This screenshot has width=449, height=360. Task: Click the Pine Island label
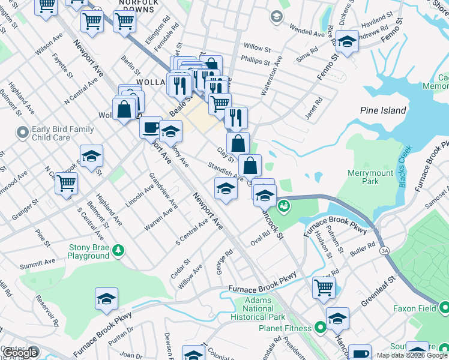pyautogui.click(x=383, y=110)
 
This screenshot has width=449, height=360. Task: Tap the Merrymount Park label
pyautogui.click(x=370, y=177)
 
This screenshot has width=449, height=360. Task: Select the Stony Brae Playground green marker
pyautogui.click(x=119, y=249)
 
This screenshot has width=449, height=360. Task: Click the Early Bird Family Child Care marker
pyautogui.click(x=22, y=132)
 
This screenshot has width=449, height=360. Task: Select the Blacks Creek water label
pyautogui.click(x=421, y=168)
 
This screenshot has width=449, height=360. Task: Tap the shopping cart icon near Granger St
pyautogui.click(x=67, y=183)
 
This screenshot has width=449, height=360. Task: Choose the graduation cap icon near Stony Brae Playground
pyautogui.click(x=106, y=298)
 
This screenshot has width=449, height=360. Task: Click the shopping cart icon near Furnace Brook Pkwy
pyautogui.click(x=324, y=287)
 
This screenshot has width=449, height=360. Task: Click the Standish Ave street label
pyautogui.click(x=225, y=171)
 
